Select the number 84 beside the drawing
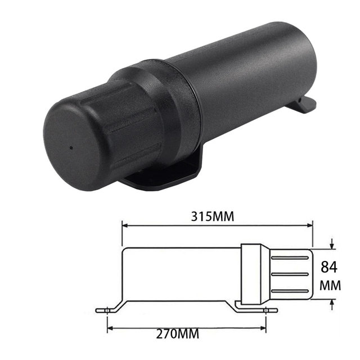(329, 266)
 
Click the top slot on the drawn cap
(292, 257)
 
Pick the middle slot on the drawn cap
(292, 274)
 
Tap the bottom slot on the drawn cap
(292, 291)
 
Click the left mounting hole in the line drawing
(105, 309)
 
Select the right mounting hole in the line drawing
(267, 309)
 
